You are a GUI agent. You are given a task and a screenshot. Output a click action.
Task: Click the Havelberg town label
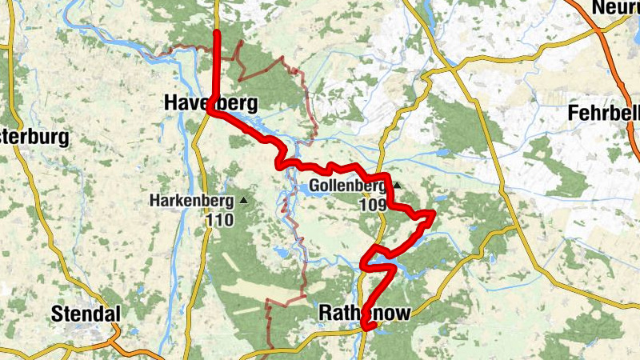[211, 103]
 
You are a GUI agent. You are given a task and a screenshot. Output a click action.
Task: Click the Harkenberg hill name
[191, 201]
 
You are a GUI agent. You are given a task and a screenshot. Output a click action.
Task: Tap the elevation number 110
[218, 220]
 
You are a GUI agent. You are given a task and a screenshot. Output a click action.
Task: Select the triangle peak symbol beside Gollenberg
[395, 186]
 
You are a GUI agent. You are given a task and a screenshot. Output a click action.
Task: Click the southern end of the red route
[365, 326]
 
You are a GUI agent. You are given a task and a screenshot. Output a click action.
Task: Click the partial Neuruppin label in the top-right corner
[615, 8]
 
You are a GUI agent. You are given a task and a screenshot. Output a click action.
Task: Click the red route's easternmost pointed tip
[433, 213]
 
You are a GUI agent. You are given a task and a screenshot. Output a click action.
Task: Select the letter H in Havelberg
[171, 103]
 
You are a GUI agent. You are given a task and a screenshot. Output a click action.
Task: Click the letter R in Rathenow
[324, 312]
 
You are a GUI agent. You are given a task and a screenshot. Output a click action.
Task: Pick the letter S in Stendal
[56, 314]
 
